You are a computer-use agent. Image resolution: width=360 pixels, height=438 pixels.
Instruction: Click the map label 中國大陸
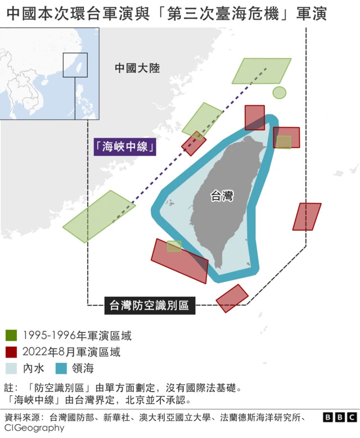point(137,68)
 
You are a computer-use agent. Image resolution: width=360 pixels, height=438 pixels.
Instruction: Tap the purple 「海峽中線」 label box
point(125,147)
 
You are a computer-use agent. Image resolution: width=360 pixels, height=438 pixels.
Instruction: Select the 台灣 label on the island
point(222,196)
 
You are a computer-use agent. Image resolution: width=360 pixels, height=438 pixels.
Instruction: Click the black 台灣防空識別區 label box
point(150,305)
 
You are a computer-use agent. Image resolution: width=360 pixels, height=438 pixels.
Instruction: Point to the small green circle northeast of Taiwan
point(280,92)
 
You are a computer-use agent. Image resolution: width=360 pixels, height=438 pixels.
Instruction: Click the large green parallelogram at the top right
point(262,71)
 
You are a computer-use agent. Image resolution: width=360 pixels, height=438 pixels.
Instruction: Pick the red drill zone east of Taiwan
point(307,216)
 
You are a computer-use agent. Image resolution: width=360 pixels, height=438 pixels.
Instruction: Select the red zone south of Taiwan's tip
point(232,298)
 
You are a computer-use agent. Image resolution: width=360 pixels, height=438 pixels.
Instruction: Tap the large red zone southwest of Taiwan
point(180,261)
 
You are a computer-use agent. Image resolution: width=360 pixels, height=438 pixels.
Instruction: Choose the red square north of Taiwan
point(254,117)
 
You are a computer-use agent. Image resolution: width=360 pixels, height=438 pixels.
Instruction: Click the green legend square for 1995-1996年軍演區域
point(11,336)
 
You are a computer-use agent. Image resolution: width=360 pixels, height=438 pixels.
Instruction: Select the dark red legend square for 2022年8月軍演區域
point(11,353)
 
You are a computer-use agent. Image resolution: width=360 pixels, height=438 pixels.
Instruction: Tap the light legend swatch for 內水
point(11,369)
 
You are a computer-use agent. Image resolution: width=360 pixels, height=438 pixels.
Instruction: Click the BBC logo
point(340,417)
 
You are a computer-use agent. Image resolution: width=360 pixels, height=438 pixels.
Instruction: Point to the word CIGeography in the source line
point(34,428)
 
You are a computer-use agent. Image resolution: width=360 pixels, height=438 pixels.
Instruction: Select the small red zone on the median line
point(194,143)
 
